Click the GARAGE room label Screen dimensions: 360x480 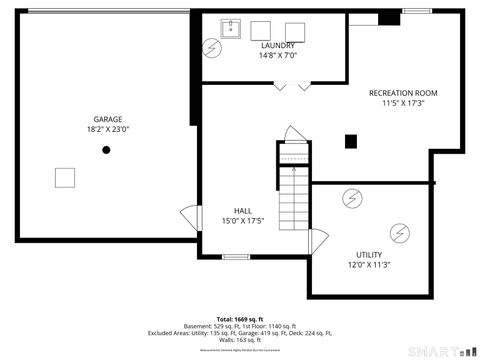point(108,118)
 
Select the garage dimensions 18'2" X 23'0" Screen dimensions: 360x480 point(108,129)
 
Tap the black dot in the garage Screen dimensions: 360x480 point(106,150)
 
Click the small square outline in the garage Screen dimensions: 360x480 point(65,177)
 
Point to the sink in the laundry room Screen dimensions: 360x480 point(230,28)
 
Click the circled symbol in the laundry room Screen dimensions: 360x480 point(213,47)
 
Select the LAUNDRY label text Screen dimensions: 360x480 point(277,46)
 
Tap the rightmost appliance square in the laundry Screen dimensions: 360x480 point(294,31)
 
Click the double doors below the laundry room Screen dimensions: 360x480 point(289,88)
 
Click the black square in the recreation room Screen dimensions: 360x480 point(350,141)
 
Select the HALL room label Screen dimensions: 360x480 point(243,210)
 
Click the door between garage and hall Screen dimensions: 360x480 point(189,217)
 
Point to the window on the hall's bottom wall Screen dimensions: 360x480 point(236,258)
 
